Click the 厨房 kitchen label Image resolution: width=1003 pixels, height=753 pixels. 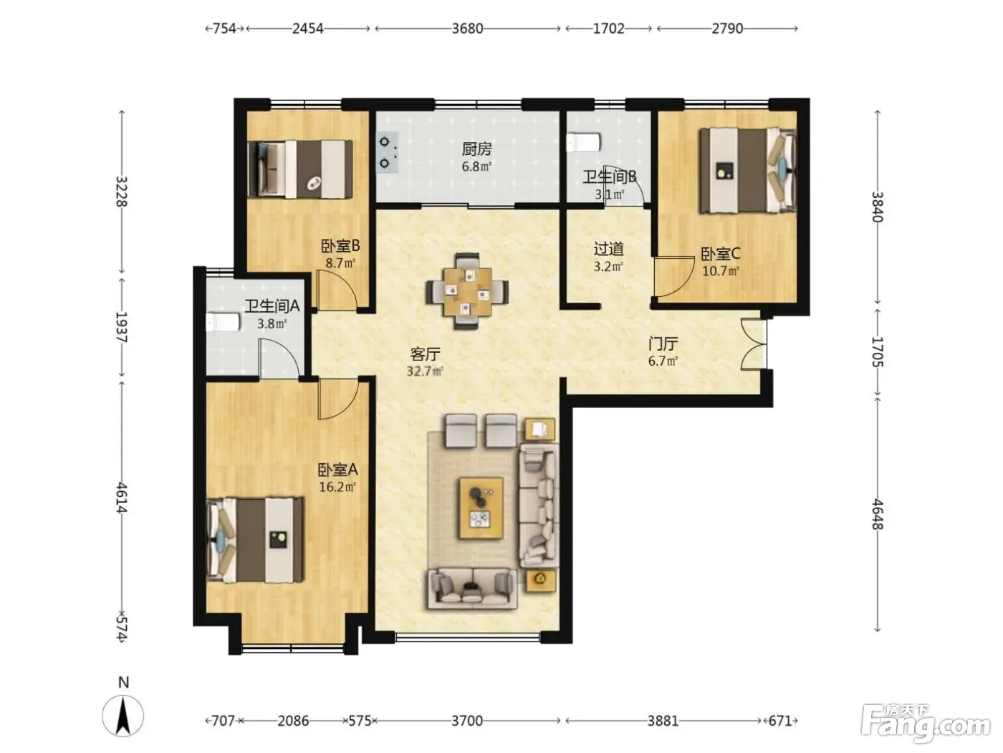tap(476, 149)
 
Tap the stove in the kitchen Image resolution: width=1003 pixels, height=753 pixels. tap(387, 152)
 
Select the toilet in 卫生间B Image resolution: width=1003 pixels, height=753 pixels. tap(583, 142)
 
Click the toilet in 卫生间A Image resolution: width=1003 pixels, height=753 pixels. tap(223, 322)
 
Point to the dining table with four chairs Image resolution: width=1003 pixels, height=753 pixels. tap(466, 291)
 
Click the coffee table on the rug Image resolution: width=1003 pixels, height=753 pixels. tap(481, 508)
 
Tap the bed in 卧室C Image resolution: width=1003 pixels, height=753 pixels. tap(748, 171)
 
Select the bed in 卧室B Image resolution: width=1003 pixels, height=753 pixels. tap(299, 169)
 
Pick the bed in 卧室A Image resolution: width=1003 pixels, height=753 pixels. tap(255, 540)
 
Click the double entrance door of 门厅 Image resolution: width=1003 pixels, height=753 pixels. tap(753, 344)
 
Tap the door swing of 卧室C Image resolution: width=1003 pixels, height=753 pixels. tap(673, 277)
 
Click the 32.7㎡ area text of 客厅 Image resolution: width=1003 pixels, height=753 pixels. tap(425, 371)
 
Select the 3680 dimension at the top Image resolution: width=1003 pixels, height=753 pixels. tap(467, 29)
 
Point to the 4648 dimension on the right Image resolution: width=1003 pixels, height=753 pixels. tap(877, 514)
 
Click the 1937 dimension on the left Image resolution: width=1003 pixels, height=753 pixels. tap(121, 327)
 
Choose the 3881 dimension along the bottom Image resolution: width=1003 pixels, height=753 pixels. tap(663, 721)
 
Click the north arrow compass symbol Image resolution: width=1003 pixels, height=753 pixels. tap(123, 716)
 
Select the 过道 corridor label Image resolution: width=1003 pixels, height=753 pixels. tap(608, 249)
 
